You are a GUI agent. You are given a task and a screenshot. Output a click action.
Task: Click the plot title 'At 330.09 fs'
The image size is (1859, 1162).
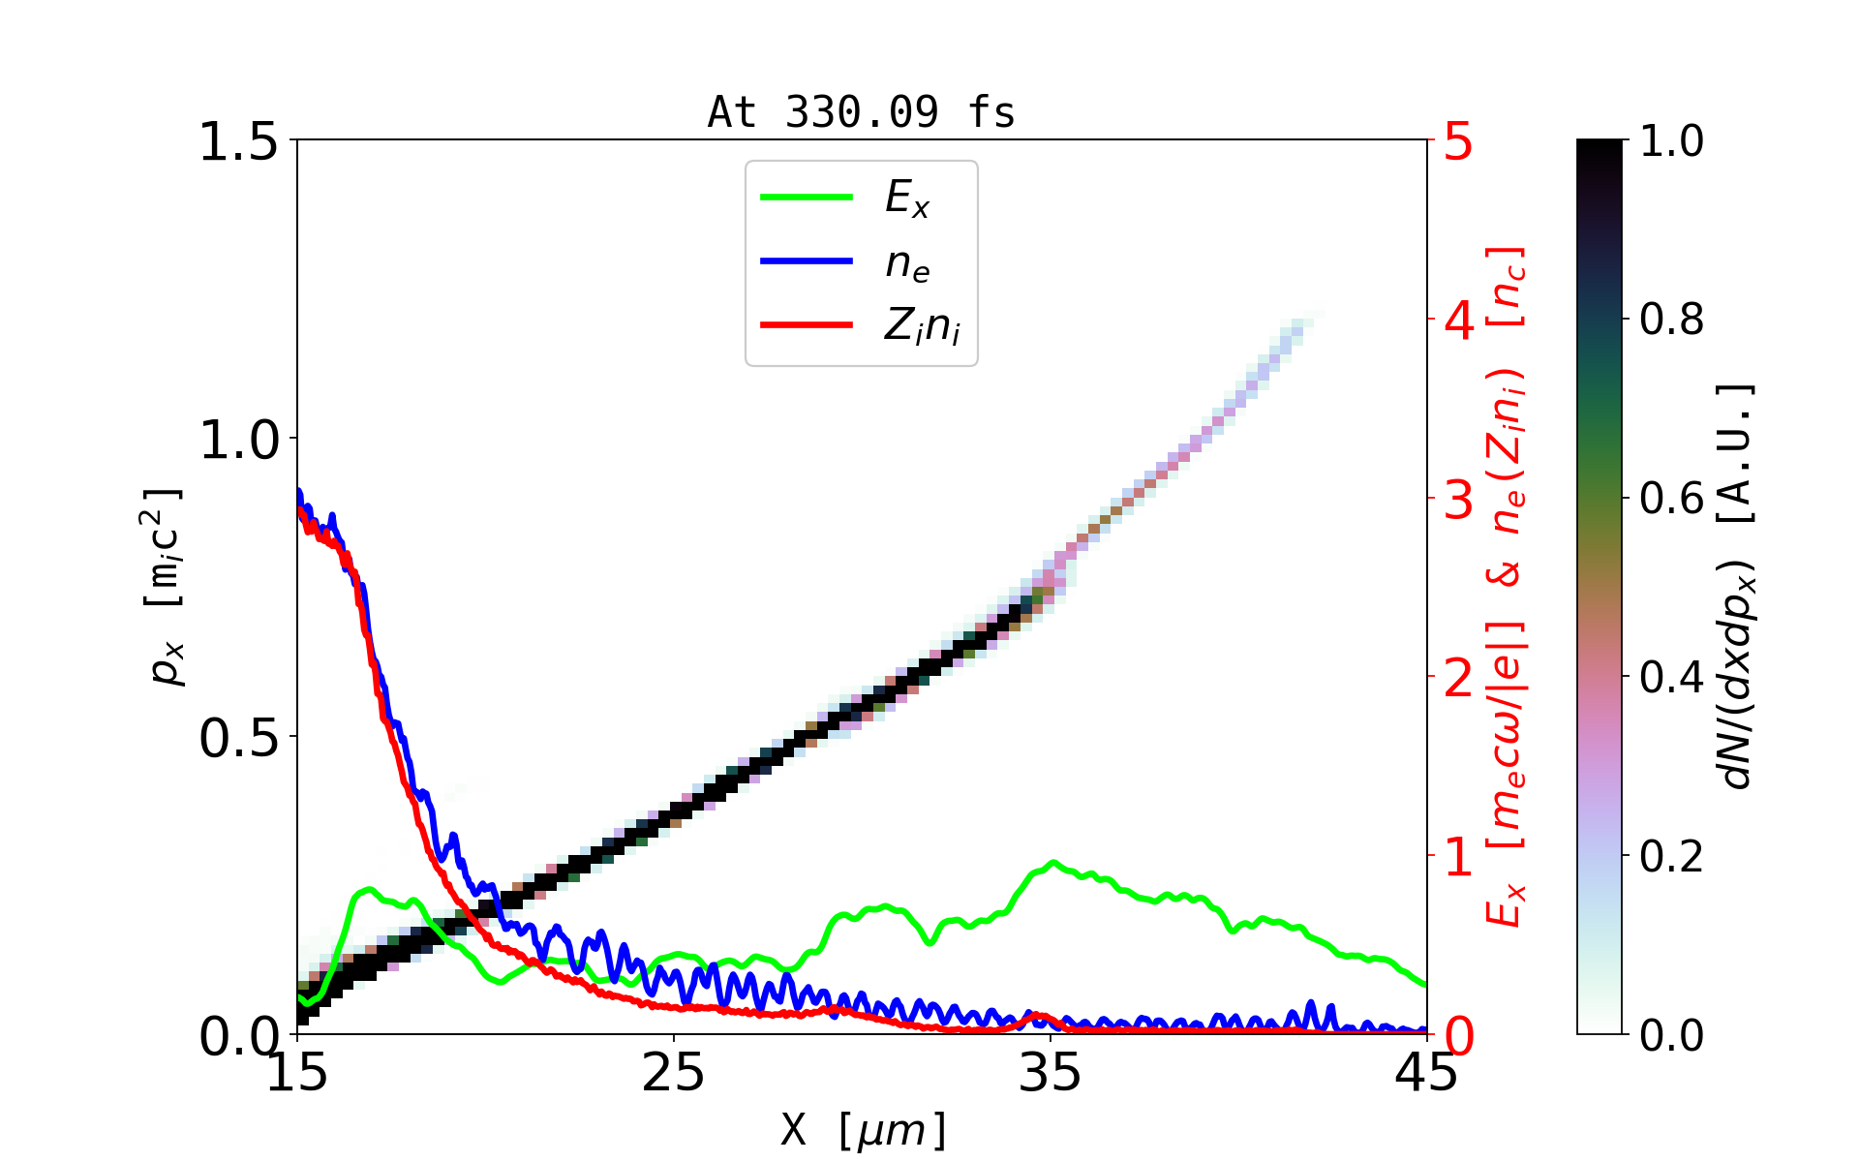click(x=861, y=112)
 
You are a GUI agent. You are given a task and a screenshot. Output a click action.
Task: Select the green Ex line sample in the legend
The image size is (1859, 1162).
click(x=807, y=198)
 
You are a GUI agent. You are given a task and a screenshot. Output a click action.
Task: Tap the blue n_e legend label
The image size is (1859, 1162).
click(x=907, y=263)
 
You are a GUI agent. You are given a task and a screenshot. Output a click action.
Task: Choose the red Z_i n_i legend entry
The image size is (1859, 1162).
click(x=921, y=326)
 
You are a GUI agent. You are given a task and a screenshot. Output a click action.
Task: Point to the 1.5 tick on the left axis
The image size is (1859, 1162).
click(x=237, y=142)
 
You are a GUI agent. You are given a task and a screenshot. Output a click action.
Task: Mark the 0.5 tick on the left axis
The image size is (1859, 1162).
click(x=237, y=739)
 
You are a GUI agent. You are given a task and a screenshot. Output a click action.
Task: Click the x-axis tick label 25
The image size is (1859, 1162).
click(x=674, y=1073)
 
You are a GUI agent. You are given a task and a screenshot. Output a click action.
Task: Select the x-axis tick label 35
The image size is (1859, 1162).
click(x=1051, y=1073)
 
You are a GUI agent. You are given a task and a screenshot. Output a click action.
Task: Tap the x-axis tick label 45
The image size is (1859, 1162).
click(x=1426, y=1073)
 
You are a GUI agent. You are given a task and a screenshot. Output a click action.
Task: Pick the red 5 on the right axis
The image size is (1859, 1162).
click(x=1458, y=142)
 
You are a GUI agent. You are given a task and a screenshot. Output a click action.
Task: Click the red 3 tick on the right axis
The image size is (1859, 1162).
click(x=1458, y=500)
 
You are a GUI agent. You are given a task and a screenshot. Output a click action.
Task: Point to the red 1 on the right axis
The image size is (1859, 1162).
click(x=1458, y=857)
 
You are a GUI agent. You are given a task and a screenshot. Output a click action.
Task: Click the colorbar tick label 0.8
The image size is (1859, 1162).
click(x=1671, y=320)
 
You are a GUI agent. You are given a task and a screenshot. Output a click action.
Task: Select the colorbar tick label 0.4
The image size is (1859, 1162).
click(x=1671, y=678)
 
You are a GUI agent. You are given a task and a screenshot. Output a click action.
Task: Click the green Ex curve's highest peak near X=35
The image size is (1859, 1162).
click(x=1053, y=862)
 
